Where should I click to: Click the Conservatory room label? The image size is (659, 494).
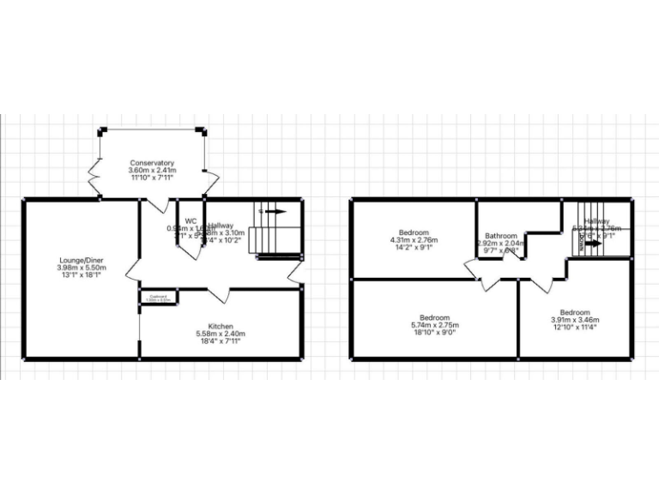(x=152, y=163)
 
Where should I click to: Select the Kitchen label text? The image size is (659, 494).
(x=221, y=326)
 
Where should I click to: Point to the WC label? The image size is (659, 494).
(x=190, y=220)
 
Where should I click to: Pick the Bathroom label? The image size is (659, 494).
(x=500, y=236)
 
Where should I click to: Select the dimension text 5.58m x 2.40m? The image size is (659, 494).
(x=221, y=334)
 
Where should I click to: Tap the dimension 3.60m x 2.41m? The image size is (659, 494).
(x=152, y=171)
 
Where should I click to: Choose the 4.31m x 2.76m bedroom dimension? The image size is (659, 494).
(x=414, y=242)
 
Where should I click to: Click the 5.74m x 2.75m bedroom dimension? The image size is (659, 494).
(x=436, y=326)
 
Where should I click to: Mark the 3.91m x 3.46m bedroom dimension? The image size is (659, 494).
(x=574, y=320)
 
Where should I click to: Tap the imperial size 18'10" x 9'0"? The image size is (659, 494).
(x=436, y=334)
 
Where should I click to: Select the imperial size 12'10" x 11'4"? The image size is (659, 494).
(x=574, y=328)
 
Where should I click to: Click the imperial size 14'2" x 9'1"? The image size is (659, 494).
(x=414, y=250)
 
